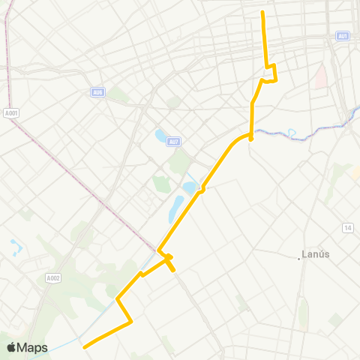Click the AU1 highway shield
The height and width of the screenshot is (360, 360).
click(343, 36)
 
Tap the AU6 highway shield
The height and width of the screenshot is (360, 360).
click(97, 92)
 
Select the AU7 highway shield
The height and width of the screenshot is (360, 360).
click(173, 140)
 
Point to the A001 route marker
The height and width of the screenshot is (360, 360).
click(10, 113)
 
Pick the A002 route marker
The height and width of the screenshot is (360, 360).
click(52, 278)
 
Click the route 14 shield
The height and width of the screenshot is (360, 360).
click(348, 227)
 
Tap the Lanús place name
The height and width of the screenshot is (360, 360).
click(316, 253)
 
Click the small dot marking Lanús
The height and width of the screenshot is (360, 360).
click(299, 258)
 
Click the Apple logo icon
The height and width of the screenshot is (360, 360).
click(11, 347)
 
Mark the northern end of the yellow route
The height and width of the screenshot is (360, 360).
click(262, 12)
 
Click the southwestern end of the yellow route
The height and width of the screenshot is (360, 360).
click(84, 347)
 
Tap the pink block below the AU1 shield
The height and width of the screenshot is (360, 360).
click(321, 76)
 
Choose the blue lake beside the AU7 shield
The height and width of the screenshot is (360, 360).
click(160, 136)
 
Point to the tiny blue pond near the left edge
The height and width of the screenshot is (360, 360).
click(15, 246)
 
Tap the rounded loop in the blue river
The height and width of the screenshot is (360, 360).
click(292, 133)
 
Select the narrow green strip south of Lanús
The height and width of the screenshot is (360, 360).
click(303, 315)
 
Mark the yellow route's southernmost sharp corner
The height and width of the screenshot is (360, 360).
click(131, 322)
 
